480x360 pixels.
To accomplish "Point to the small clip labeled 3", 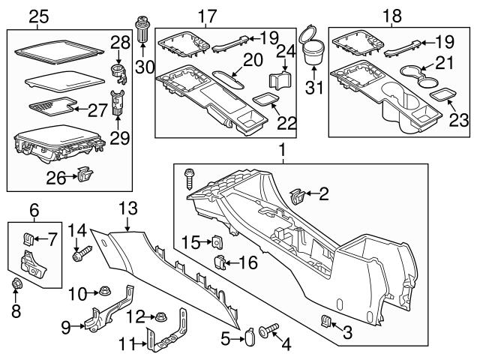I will (x=326, y=322).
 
